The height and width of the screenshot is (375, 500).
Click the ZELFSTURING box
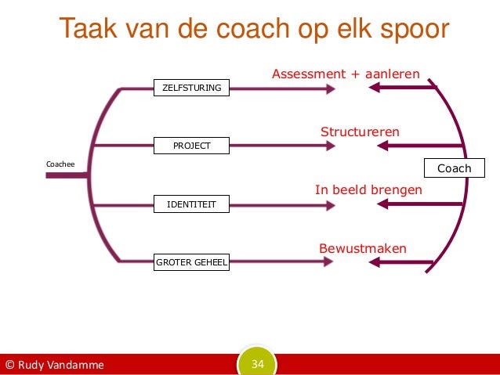[192, 88]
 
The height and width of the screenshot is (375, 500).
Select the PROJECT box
[192, 146]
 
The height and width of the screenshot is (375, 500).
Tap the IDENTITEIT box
[192, 205]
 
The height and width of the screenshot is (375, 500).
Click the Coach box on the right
[454, 168]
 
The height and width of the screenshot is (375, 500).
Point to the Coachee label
[60, 164]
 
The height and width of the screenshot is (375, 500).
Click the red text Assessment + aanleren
[346, 74]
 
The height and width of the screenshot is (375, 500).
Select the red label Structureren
[360, 132]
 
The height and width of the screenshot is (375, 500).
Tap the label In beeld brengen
[368, 190]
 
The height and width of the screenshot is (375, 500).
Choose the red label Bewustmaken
[362, 249]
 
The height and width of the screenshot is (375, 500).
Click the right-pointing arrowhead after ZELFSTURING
[330, 88]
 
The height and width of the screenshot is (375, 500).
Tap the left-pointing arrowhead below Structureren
[376, 146]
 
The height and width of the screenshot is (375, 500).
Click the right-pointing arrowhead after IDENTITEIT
[330, 205]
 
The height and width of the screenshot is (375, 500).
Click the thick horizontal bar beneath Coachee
[67, 176]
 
